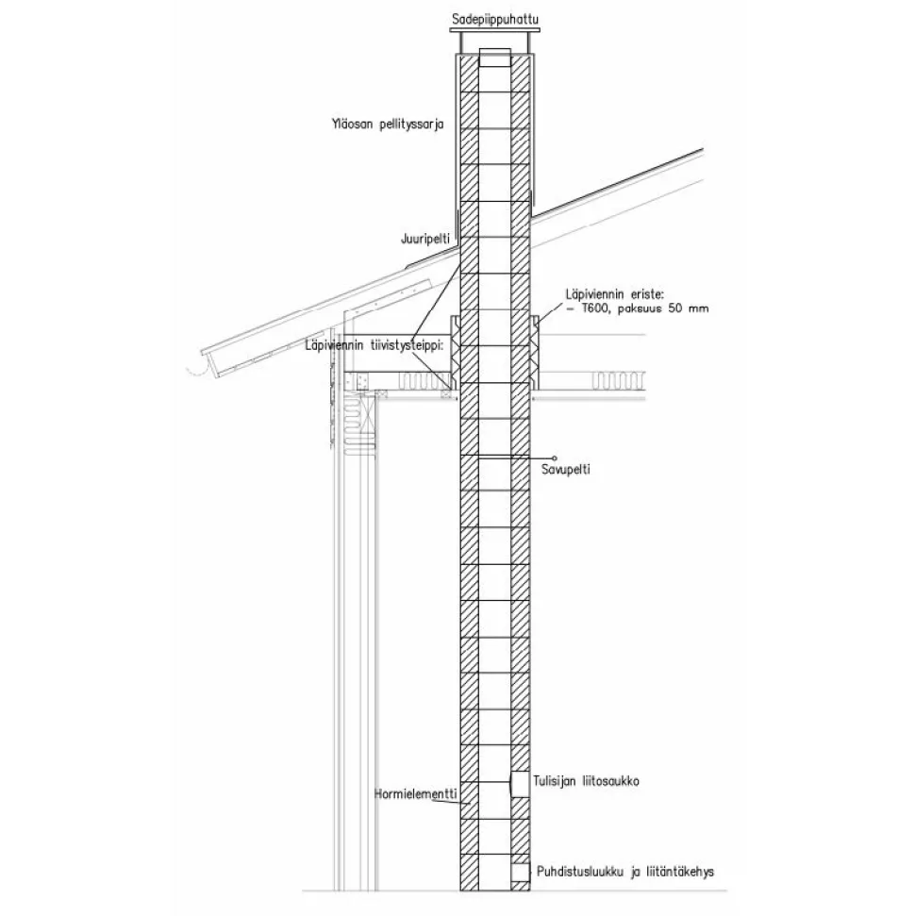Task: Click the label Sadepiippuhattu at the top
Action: pyautogui.click(x=495, y=20)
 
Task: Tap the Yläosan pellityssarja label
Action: pyautogui.click(x=388, y=125)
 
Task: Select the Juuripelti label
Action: pyautogui.click(x=425, y=239)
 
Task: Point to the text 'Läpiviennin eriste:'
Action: pyautogui.click(x=615, y=293)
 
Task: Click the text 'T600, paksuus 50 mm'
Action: pyautogui.click(x=645, y=308)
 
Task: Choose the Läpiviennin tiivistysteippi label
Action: pyautogui.click(x=374, y=345)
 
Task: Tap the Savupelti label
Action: pyautogui.click(x=566, y=469)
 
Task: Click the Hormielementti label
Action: pyautogui.click(x=415, y=794)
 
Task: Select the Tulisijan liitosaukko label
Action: pyautogui.click(x=586, y=781)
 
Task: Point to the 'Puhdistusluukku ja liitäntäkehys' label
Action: pyautogui.click(x=625, y=873)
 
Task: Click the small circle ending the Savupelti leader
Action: pyautogui.click(x=555, y=458)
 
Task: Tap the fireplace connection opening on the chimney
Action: pyautogui.click(x=520, y=784)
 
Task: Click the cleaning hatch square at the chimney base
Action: pyautogui.click(x=520, y=873)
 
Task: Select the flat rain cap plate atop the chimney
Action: pyautogui.click(x=495, y=30)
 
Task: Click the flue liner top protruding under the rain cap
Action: pyautogui.click(x=495, y=58)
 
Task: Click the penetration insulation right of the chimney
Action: pyautogui.click(x=535, y=352)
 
